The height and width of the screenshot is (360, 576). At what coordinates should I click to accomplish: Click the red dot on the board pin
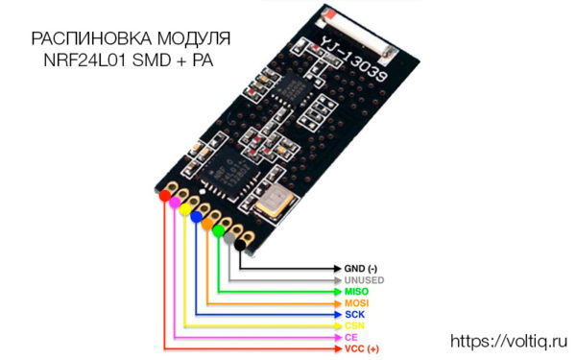tap(163, 195)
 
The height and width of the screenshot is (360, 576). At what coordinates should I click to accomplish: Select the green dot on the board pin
tap(219, 230)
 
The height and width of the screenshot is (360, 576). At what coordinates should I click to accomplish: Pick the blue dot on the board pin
tap(197, 217)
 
